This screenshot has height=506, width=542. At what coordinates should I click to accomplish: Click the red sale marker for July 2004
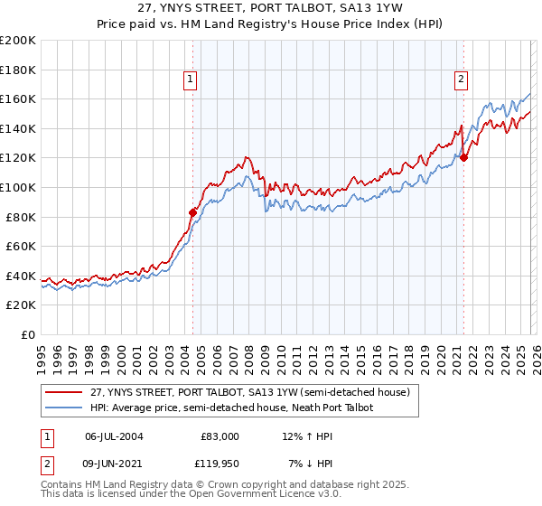[192, 212]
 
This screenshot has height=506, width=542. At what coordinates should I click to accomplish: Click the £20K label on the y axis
[21, 305]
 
